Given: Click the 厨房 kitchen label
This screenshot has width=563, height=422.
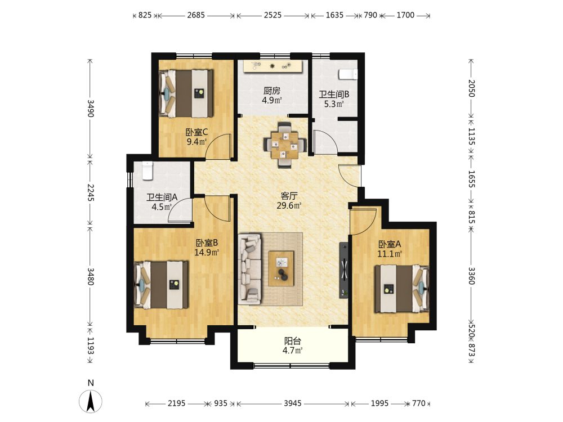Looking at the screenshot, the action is [272, 91].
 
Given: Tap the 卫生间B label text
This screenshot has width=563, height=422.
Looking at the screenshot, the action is [334, 95].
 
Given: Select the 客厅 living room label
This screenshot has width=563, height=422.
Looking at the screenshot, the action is [289, 196].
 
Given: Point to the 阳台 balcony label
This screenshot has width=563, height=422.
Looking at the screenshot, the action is [293, 341].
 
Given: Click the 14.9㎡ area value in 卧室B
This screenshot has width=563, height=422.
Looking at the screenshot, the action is [207, 252].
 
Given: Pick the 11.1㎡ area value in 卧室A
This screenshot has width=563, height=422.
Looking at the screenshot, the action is [390, 254].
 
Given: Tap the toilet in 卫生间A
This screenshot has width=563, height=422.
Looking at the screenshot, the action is [148, 171].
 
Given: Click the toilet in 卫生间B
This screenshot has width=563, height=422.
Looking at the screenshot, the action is [348, 74].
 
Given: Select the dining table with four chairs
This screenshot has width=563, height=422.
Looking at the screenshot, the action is [285, 145].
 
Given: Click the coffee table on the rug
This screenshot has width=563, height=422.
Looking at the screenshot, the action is [281, 268].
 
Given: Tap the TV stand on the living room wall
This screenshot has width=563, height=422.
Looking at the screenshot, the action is [344, 270].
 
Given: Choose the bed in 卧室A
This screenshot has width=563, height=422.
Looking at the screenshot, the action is [402, 289].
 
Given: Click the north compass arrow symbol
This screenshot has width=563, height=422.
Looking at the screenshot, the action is [91, 402].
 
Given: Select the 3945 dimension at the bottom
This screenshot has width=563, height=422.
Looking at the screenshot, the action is [293, 403].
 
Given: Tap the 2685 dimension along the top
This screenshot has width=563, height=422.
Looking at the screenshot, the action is [196, 15].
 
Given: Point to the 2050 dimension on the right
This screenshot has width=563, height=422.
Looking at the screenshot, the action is [471, 88].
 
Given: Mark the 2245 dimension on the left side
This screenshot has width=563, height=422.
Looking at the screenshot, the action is [91, 192].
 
